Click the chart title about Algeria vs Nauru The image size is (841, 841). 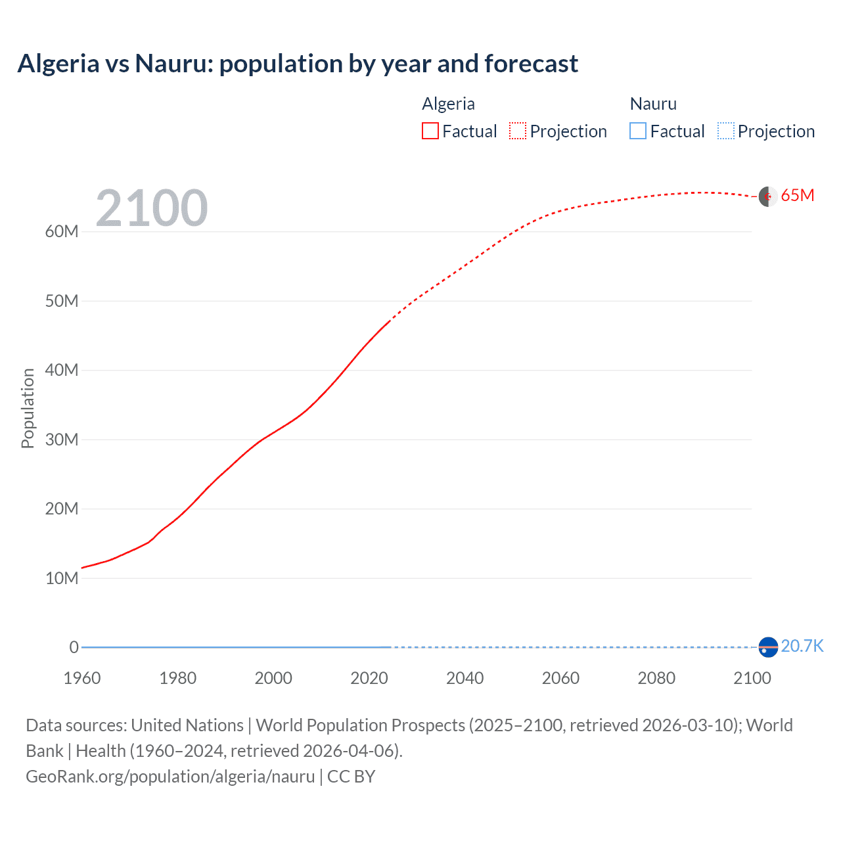(298, 64)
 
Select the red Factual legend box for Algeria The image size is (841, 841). (430, 131)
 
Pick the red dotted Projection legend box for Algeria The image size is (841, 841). (518, 131)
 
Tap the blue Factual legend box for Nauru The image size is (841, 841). (637, 131)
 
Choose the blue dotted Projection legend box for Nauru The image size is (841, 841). (726, 131)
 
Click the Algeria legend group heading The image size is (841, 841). (448, 104)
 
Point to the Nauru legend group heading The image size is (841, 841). (653, 104)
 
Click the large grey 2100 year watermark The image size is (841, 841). (152, 208)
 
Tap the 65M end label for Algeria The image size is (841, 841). (797, 196)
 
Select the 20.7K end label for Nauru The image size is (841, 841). (802, 646)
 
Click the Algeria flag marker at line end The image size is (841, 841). (768, 196)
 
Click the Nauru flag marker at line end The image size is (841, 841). (768, 647)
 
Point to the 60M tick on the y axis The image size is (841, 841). (62, 231)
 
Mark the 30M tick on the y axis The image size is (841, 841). (62, 440)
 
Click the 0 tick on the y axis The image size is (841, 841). (74, 647)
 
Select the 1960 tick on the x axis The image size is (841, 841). (82, 678)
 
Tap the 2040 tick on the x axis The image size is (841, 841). (465, 678)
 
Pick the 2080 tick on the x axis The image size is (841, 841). (656, 678)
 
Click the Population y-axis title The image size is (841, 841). (28, 408)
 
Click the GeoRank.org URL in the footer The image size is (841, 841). (170, 777)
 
